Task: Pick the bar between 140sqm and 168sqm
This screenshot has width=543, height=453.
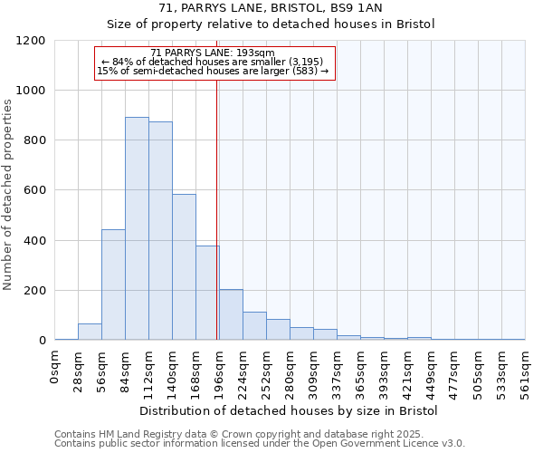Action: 184,267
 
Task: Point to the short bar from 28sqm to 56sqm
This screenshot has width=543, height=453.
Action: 90,332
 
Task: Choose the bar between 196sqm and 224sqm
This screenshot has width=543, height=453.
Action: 231,314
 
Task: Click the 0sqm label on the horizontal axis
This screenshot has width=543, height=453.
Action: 54,367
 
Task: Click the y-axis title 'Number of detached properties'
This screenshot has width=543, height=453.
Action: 9,195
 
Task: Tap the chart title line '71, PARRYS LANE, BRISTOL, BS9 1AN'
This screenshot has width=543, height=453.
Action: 271,8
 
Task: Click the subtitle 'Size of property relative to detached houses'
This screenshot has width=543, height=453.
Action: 271,24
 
